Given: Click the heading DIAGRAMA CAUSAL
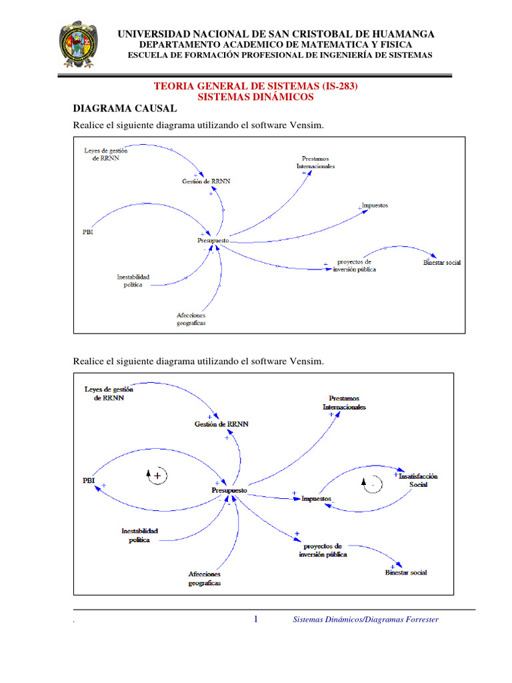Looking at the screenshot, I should click(x=125, y=108).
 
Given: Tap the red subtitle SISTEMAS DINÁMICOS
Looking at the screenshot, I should click(x=256, y=97).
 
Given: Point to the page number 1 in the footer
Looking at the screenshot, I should click(x=256, y=620).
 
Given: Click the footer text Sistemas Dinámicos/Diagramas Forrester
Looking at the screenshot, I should click(x=366, y=620).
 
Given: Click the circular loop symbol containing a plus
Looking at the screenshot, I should click(x=157, y=476).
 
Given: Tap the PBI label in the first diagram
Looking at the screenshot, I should click(x=88, y=232).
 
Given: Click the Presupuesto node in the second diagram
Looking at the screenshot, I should click(x=229, y=490).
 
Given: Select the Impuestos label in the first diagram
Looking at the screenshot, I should click(x=375, y=205).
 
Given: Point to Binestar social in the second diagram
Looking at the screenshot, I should click(x=406, y=572).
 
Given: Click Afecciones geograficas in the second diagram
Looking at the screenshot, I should click(x=204, y=578).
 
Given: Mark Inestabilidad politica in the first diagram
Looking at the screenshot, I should click(x=133, y=280).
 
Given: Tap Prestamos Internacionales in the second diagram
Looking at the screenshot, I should click(x=344, y=402).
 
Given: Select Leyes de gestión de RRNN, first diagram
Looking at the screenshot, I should click(x=105, y=155).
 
